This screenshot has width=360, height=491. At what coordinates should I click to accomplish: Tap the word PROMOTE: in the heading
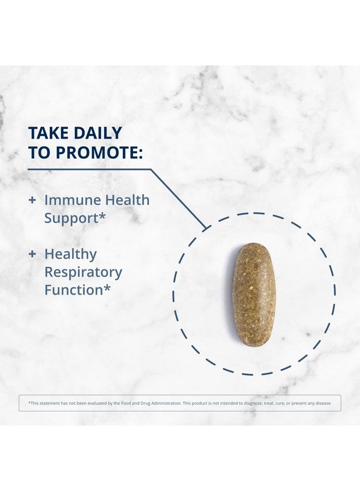(99, 153)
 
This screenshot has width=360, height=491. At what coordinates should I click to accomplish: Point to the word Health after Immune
(127, 200)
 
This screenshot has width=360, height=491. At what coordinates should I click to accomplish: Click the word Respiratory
(83, 273)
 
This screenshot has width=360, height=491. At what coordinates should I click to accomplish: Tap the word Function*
(77, 290)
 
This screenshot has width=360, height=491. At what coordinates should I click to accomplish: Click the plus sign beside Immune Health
(32, 200)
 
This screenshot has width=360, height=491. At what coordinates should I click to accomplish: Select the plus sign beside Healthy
(32, 254)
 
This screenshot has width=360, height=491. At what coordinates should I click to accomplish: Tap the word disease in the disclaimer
(323, 403)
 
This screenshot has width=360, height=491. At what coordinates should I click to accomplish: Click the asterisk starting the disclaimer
(29, 403)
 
